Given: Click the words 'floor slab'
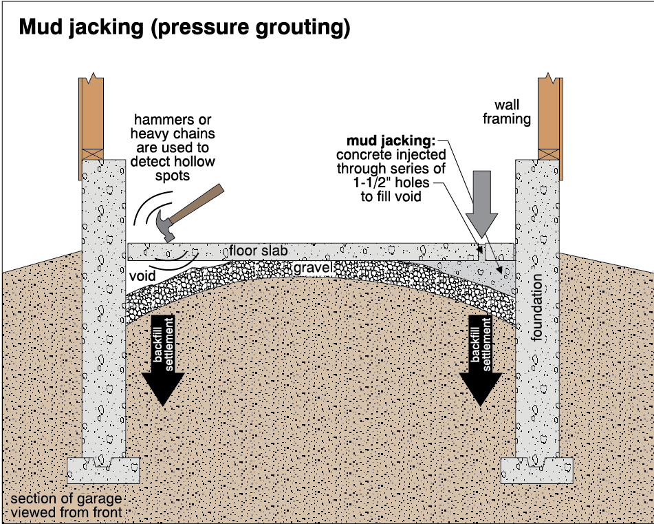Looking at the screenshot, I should [x=259, y=251].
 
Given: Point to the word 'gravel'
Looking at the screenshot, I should [x=313, y=266].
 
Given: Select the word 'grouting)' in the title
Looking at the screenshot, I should [x=307, y=28].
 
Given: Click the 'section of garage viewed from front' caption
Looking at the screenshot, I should [x=66, y=505].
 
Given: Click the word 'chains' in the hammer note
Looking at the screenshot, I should [x=192, y=134].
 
